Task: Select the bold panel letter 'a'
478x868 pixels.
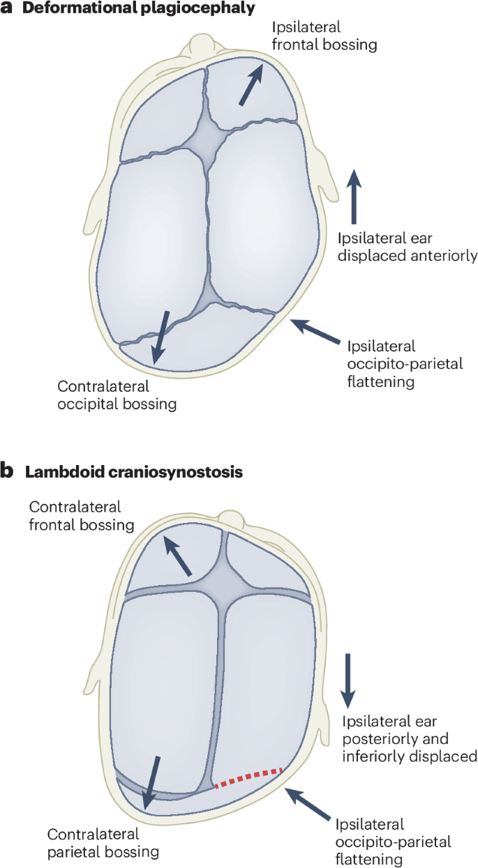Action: point(8,9)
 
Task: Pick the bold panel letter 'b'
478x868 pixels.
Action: point(8,471)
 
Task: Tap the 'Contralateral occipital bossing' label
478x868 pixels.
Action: point(117,395)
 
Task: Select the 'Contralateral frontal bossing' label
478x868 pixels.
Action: point(82,516)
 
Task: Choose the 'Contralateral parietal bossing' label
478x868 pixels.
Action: point(103,842)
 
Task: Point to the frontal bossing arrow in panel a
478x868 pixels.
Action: point(252,84)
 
